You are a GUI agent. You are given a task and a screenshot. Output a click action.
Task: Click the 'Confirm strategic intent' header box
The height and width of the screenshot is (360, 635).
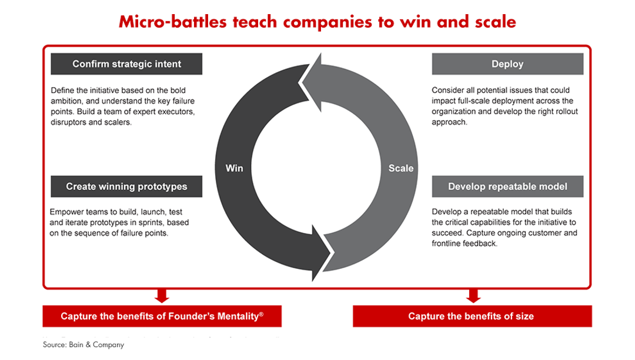(x=126, y=64)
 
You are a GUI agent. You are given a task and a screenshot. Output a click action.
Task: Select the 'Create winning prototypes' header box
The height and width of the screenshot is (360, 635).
(x=126, y=186)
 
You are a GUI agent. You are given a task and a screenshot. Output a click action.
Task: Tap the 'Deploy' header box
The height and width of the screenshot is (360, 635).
(x=507, y=64)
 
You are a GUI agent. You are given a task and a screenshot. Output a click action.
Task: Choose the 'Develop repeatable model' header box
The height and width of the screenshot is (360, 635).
(x=507, y=186)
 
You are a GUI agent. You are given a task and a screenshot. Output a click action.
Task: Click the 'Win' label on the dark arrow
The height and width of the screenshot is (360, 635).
(x=235, y=168)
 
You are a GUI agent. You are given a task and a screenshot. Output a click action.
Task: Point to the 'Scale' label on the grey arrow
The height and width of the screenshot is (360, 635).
(x=401, y=168)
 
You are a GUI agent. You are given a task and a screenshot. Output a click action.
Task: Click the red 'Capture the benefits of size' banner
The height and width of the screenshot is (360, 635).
(x=471, y=316)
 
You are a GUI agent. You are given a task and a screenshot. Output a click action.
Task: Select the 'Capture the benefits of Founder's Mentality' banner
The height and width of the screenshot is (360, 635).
(x=162, y=316)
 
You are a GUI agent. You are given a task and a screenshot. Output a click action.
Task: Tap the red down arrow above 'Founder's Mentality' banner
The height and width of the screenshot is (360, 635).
(x=162, y=296)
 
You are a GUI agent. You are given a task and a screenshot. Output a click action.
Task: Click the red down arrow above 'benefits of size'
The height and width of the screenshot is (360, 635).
(x=471, y=296)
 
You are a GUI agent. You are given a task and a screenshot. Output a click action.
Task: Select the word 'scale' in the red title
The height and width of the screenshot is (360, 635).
(x=494, y=22)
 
